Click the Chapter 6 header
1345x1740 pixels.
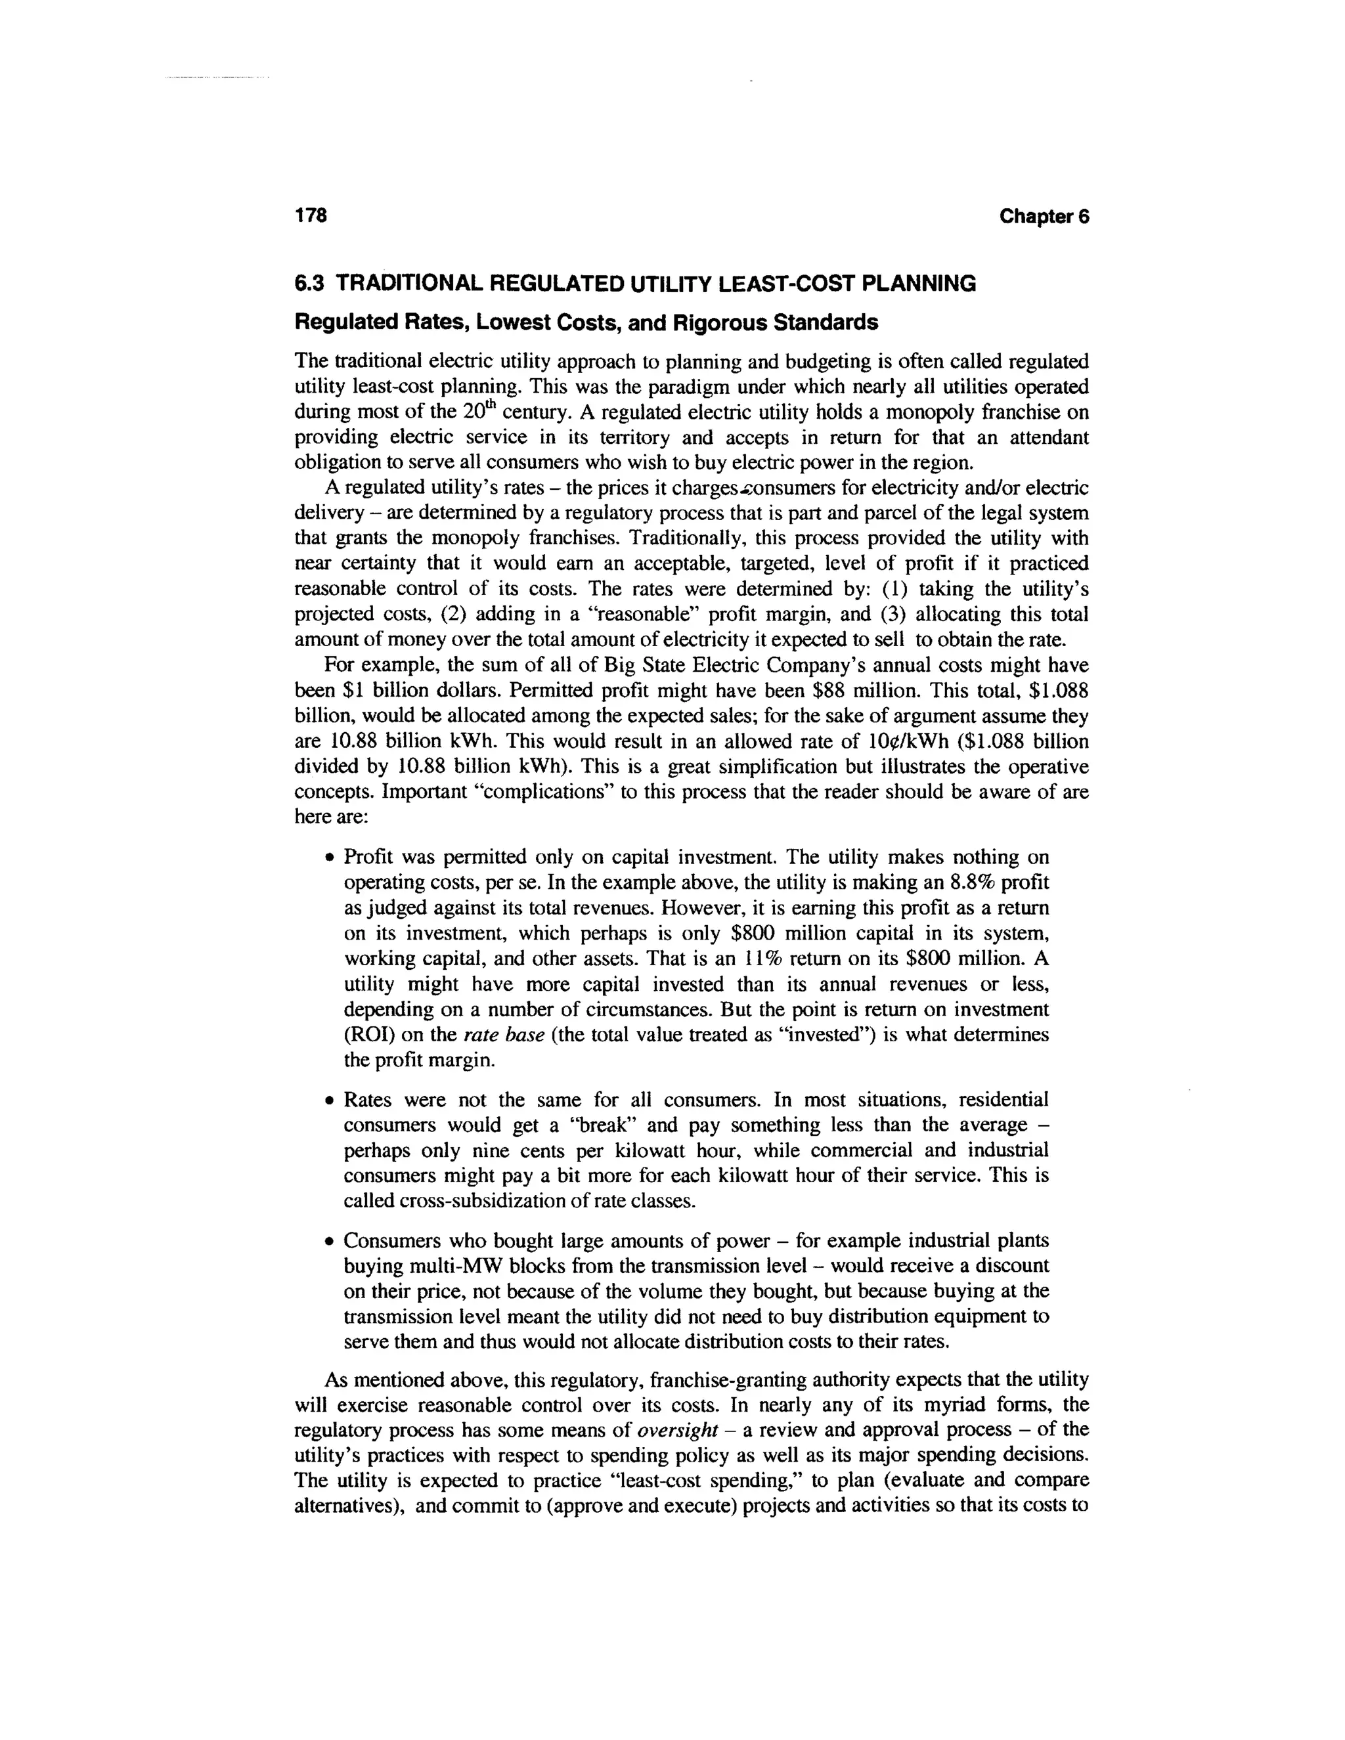click(1043, 217)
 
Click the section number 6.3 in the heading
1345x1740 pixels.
click(311, 284)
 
